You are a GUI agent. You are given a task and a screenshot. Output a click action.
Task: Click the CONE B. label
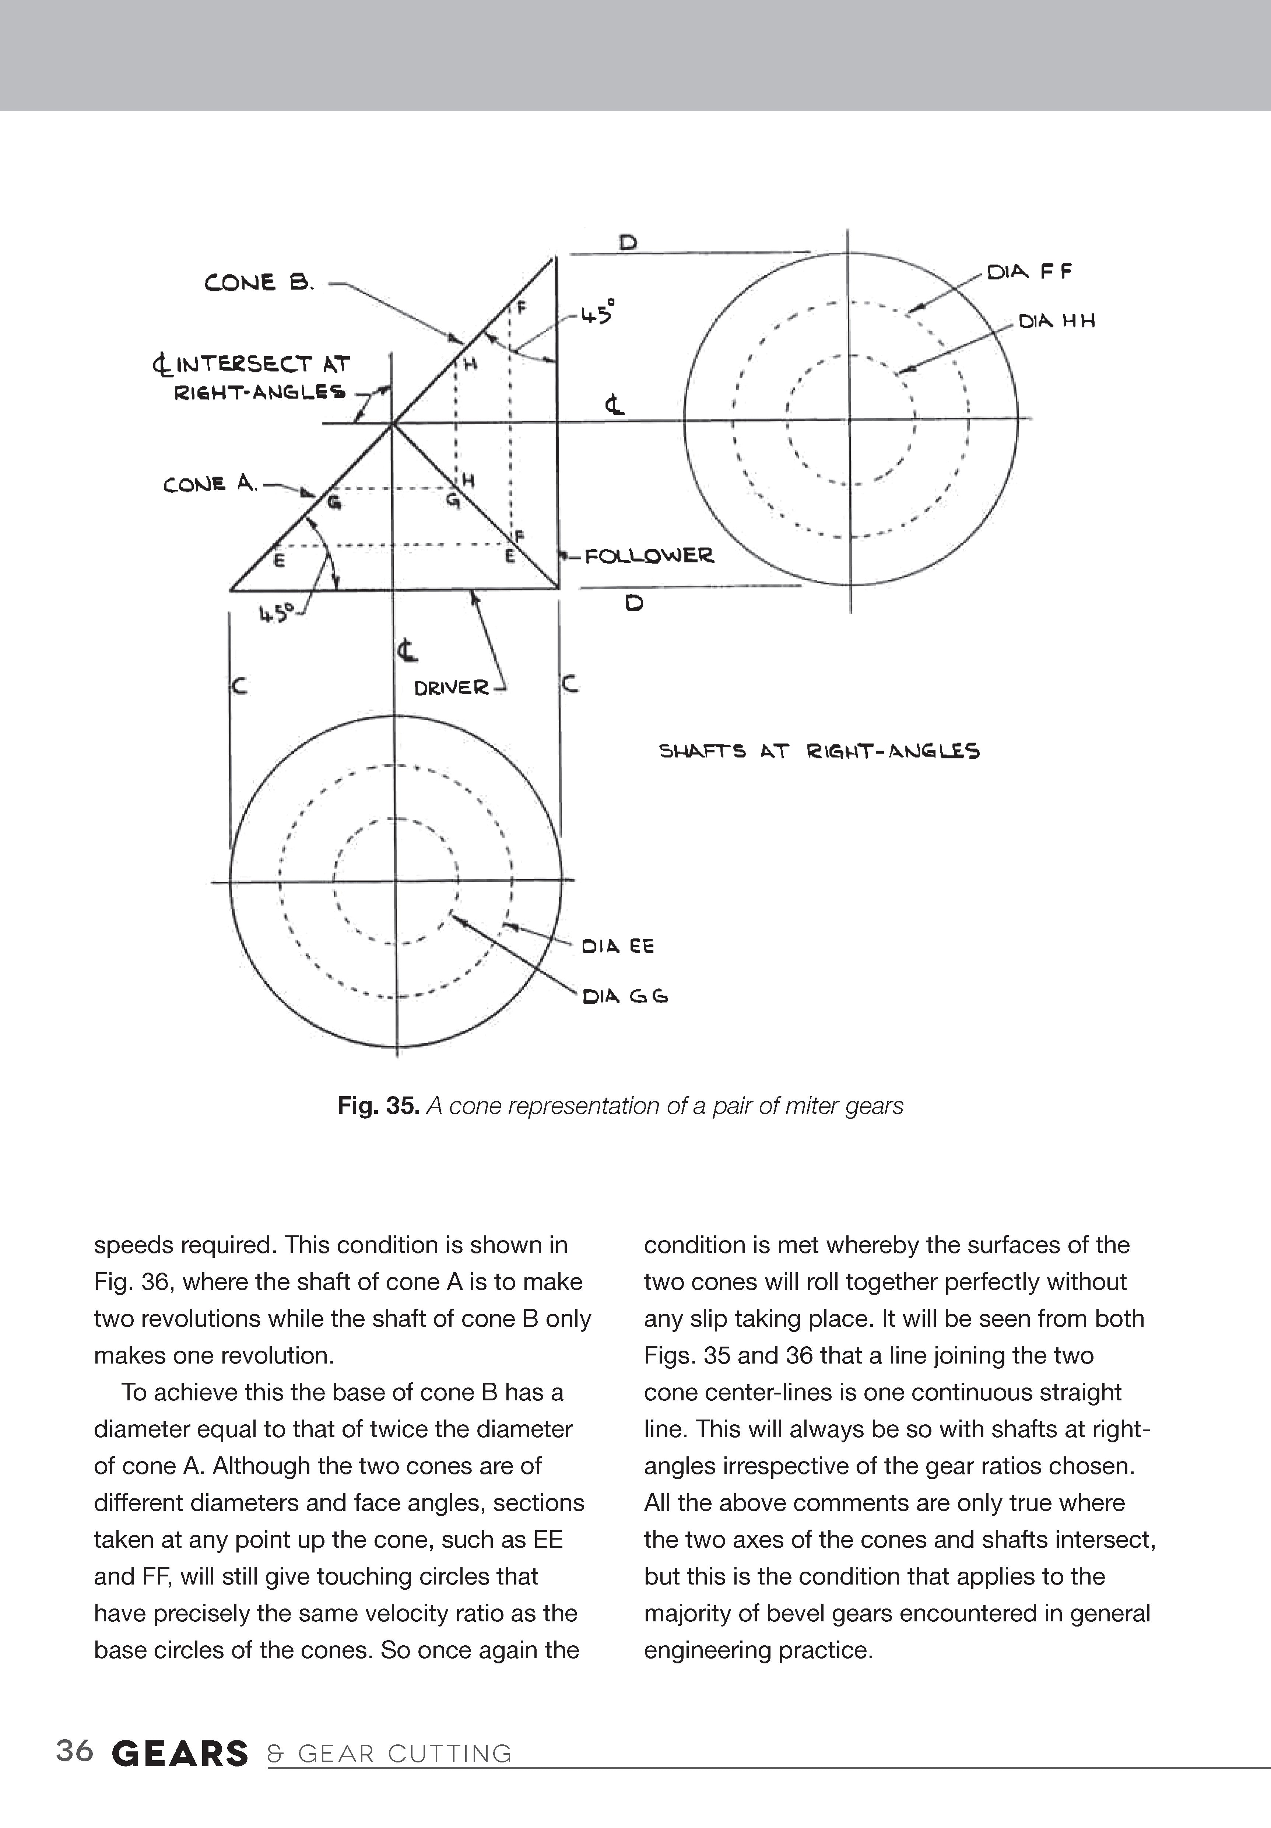point(259,283)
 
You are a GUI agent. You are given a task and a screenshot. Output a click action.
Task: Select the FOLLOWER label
point(649,556)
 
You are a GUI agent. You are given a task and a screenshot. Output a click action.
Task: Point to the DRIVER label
point(451,687)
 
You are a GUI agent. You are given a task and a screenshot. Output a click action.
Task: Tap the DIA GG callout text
point(625,996)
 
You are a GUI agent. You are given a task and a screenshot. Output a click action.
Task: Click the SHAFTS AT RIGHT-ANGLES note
point(819,751)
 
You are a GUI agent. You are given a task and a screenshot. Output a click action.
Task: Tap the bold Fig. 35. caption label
point(378,1106)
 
